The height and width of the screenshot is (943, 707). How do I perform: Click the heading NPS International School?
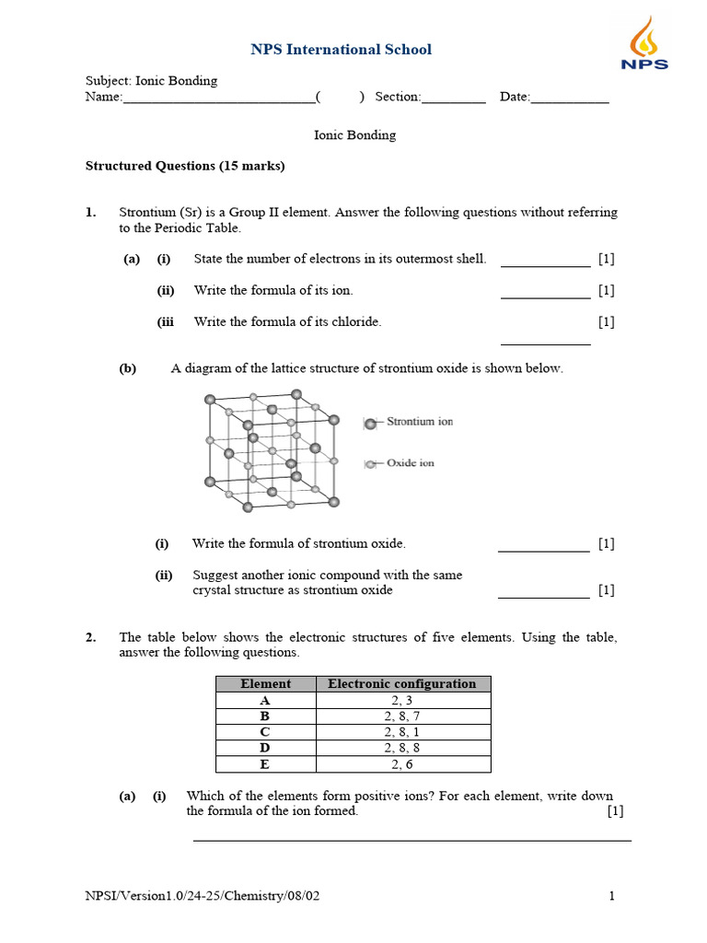pyautogui.click(x=341, y=50)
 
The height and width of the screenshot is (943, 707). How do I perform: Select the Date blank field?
pyautogui.click(x=570, y=98)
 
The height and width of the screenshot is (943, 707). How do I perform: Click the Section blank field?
pyautogui.click(x=453, y=98)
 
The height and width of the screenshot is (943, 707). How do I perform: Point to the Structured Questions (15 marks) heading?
pyautogui.click(x=185, y=166)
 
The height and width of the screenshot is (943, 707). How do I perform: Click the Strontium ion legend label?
pyautogui.click(x=419, y=422)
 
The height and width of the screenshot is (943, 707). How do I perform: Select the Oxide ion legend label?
pyautogui.click(x=410, y=463)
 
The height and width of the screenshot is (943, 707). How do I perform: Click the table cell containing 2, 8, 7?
pyautogui.click(x=403, y=716)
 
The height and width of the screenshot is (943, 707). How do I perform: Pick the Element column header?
pyautogui.click(x=265, y=684)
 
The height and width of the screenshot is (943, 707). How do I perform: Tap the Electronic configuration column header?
pyautogui.click(x=402, y=684)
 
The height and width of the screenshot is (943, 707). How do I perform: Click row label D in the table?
pyautogui.click(x=265, y=748)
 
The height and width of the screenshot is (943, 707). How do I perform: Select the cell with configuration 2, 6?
pyautogui.click(x=403, y=764)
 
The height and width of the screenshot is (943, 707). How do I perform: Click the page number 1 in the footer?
pyautogui.click(x=611, y=896)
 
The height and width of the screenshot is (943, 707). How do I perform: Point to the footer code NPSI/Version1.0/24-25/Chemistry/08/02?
pyautogui.click(x=203, y=896)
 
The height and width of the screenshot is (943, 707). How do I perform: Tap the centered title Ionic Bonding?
pyautogui.click(x=355, y=134)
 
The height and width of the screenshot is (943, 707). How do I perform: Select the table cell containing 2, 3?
pyautogui.click(x=403, y=700)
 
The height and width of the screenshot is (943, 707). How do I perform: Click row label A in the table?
pyautogui.click(x=265, y=700)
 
